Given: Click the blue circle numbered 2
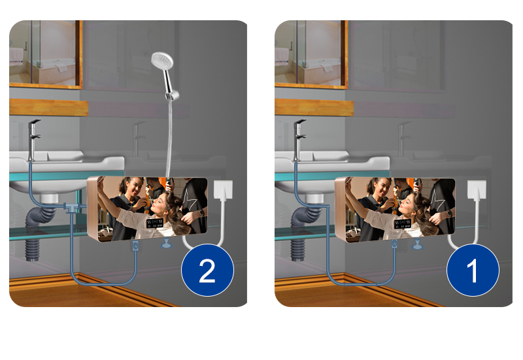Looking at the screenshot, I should coord(207,271).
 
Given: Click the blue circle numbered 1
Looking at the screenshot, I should coord(473,271).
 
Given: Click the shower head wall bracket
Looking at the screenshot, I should coord(172,96).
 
